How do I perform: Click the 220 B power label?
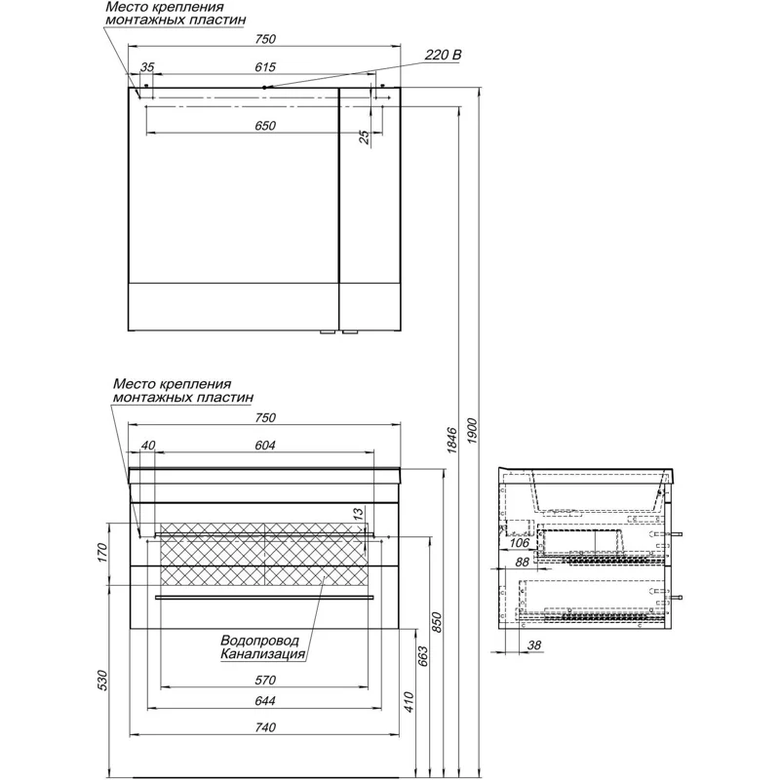point(443,56)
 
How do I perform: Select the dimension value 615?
point(266,67)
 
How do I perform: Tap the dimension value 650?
point(266,126)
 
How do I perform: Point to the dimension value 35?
point(148,67)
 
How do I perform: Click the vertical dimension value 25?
point(365,137)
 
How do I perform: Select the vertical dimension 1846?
point(451,441)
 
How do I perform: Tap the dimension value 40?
point(148,447)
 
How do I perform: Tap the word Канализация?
point(262,655)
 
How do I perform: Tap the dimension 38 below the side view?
point(534,644)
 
